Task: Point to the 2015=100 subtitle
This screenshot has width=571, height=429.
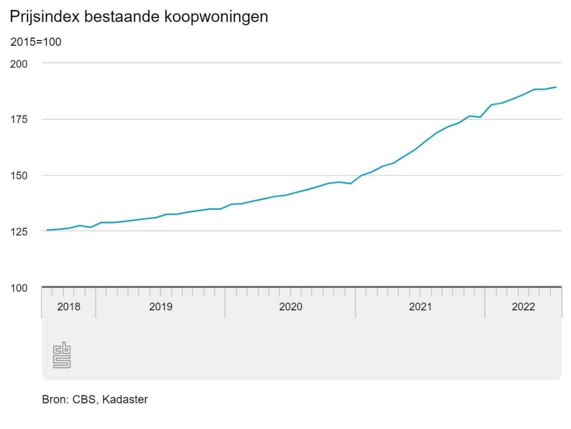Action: [x=36, y=42]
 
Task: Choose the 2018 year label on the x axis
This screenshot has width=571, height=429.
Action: [x=69, y=306]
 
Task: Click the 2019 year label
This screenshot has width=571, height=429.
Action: [x=161, y=306]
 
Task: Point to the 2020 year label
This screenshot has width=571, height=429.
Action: [x=291, y=306]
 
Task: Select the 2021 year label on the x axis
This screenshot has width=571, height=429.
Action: [x=420, y=306]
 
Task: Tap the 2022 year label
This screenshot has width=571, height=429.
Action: [x=523, y=306]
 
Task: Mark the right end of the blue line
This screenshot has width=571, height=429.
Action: [x=556, y=87]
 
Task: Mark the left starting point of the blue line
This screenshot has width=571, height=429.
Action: [x=47, y=230]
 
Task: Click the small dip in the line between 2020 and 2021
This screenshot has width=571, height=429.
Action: [x=350, y=183]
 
